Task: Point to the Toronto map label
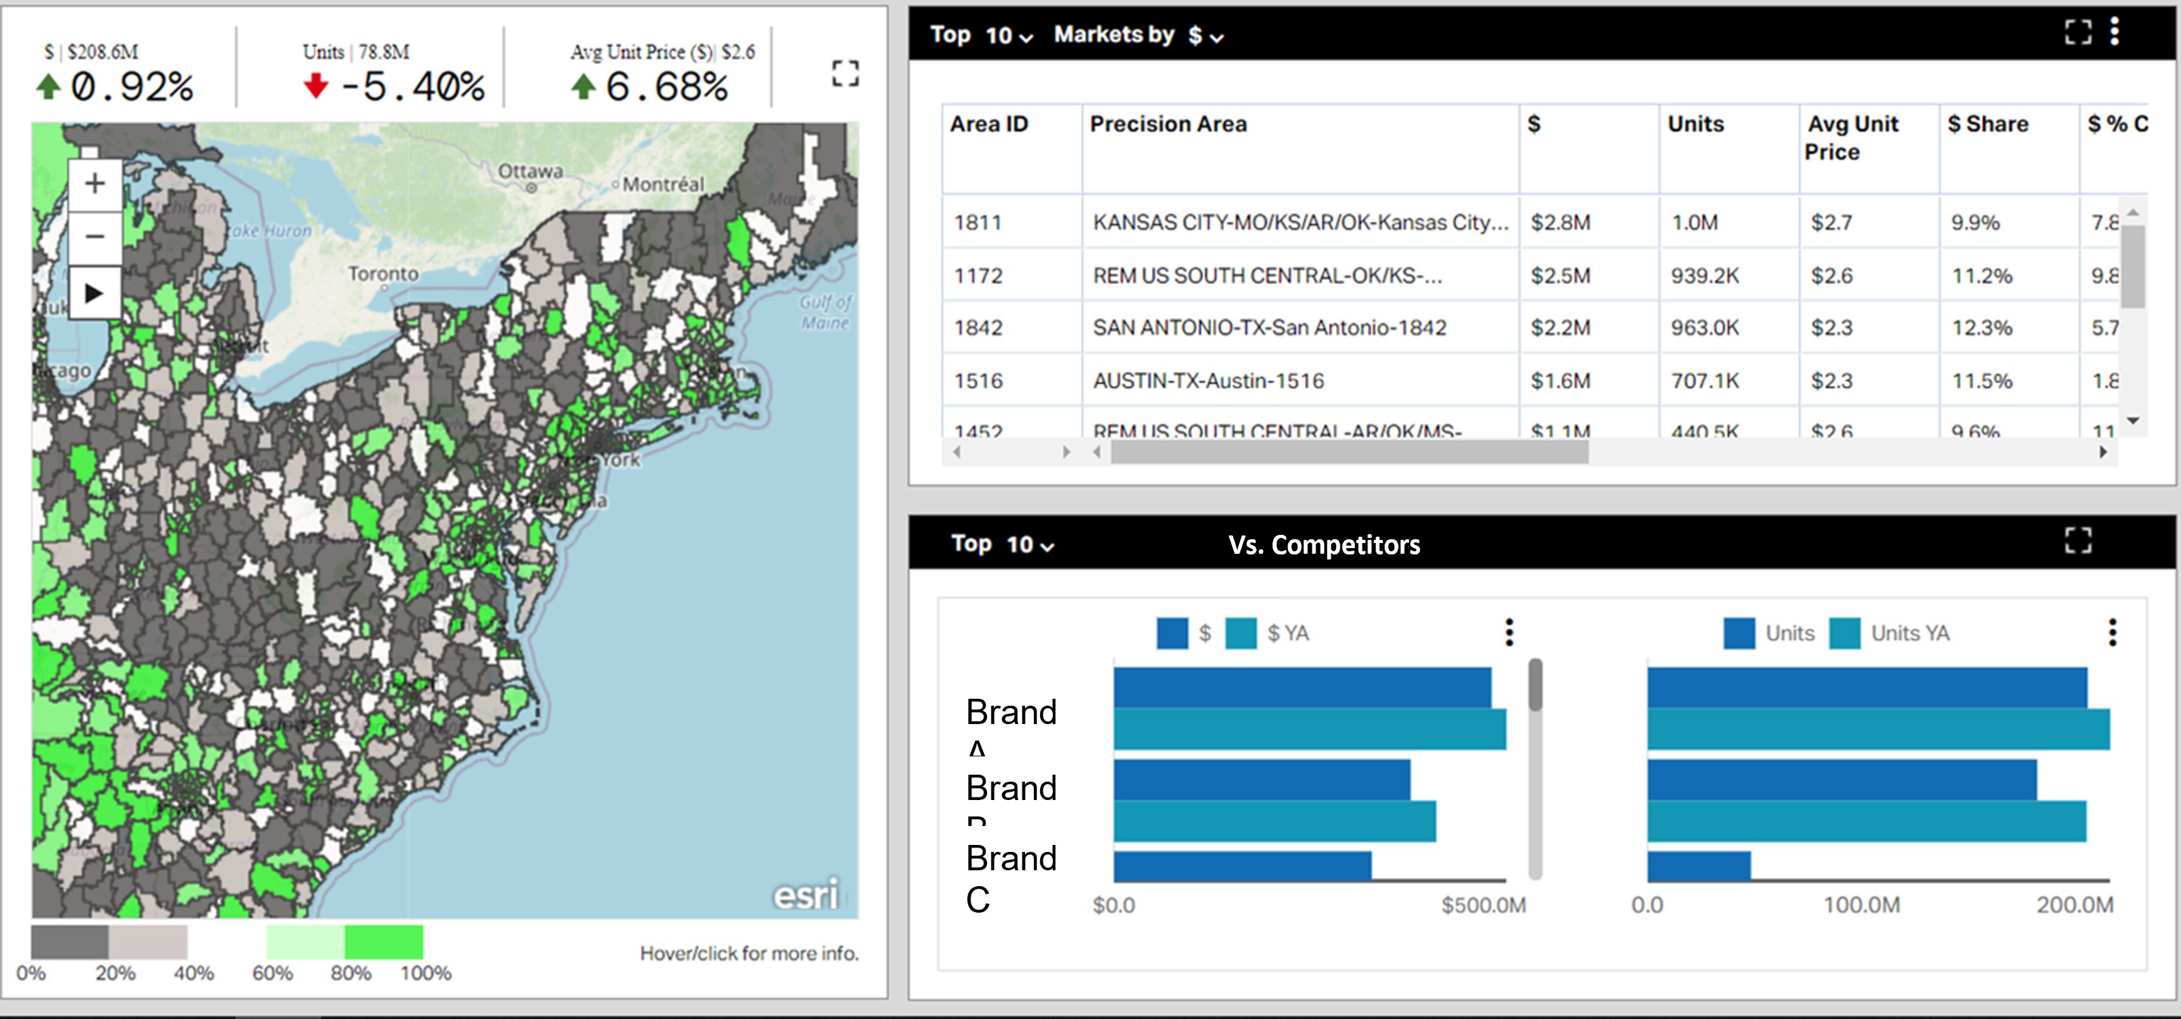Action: (384, 273)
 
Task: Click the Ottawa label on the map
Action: (530, 171)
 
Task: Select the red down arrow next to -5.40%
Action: (316, 85)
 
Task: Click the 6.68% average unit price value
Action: (666, 86)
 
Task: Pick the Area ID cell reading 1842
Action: (978, 328)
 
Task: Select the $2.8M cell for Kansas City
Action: (1561, 223)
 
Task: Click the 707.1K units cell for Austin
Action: (1704, 381)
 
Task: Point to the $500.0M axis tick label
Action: (1483, 904)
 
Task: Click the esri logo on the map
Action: (805, 894)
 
